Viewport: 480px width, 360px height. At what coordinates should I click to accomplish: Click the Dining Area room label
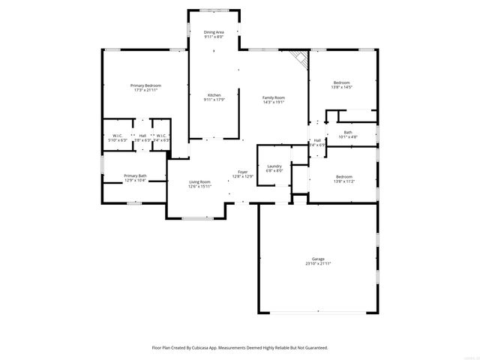pos(214,32)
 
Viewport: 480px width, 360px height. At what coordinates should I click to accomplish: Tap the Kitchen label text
pos(214,95)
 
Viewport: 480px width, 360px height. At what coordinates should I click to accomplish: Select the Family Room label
pos(273,97)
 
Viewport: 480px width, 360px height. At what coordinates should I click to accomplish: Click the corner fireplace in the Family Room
pos(300,59)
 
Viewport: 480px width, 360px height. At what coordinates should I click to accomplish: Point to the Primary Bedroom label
pos(145,85)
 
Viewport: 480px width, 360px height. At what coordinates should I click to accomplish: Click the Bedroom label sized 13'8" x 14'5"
pos(341,82)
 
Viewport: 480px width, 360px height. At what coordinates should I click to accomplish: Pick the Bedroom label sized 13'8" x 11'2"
pos(341,176)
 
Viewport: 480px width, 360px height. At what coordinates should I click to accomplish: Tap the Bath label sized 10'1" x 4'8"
pos(348,132)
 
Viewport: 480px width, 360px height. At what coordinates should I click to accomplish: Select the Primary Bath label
pos(135,175)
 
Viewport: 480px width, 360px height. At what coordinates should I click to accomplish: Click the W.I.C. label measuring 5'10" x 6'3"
pos(118,136)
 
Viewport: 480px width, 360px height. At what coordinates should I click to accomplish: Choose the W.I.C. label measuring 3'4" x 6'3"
pos(161,136)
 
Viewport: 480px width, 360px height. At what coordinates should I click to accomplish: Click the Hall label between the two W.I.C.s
pos(142,136)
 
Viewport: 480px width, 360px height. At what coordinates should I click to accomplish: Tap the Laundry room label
pos(274,166)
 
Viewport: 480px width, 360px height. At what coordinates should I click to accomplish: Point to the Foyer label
pos(243,172)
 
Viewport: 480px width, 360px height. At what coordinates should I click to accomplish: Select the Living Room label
pos(199,182)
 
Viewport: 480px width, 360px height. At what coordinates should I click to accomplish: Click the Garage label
pos(318,259)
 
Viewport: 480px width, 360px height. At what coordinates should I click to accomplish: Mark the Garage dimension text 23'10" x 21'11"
pos(318,264)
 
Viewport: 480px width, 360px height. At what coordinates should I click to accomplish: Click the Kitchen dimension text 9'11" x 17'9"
pos(214,100)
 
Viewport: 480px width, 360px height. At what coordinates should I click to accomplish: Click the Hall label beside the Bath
pos(317,140)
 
